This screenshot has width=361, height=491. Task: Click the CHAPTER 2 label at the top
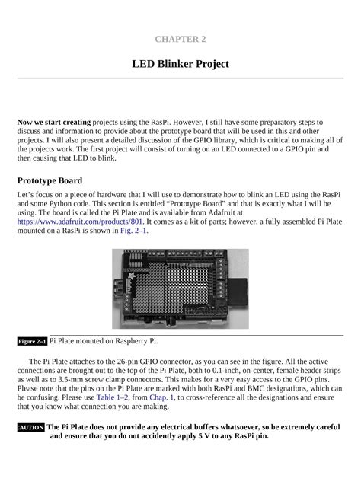tap(180, 37)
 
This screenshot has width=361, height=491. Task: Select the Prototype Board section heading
tap(50, 181)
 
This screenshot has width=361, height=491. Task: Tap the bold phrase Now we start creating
tap(54, 122)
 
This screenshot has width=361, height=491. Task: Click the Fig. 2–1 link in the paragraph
tap(134, 230)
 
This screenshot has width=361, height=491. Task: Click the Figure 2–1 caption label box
tap(32, 342)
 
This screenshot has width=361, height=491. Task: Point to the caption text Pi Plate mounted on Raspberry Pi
tap(104, 341)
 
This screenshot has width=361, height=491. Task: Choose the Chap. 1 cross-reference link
tap(162, 397)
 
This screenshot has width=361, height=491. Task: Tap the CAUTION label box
tap(31, 428)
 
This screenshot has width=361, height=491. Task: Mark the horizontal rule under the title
tap(180, 78)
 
